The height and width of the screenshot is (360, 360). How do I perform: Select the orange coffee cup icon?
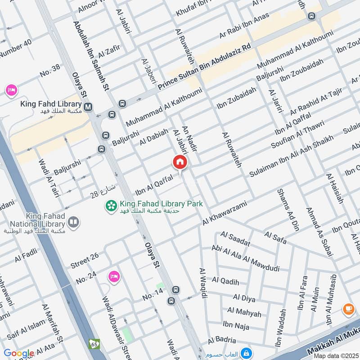pyautogui.click(x=348, y=309)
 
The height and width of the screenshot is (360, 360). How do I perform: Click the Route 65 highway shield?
pyautogui.click(x=94, y=343)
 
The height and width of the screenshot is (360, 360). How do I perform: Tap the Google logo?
pyautogui.click(x=19, y=353)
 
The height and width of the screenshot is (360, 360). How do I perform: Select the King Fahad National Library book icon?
pyautogui.click(x=72, y=222)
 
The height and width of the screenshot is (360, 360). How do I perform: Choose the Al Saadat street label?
pyautogui.click(x=235, y=239)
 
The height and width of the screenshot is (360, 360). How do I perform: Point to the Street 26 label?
pyautogui.click(x=85, y=261)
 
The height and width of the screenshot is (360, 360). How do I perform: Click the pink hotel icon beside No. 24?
pyautogui.click(x=114, y=276)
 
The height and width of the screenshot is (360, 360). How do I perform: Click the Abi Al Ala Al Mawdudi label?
pyautogui.click(x=245, y=257)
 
